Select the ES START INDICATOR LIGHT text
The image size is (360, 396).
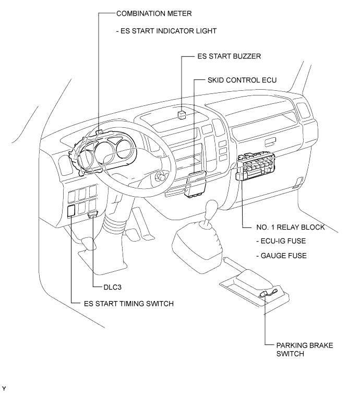click(166, 31)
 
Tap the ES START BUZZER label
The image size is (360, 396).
click(229, 56)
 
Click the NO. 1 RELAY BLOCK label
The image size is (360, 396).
click(291, 227)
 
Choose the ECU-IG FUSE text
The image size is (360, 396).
click(281, 242)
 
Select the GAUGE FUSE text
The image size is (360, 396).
click(281, 256)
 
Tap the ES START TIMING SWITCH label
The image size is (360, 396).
click(128, 304)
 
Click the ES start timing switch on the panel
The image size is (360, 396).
click(71, 211)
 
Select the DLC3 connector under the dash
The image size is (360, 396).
click(93, 213)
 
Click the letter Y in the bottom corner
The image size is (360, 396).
click(4, 389)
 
